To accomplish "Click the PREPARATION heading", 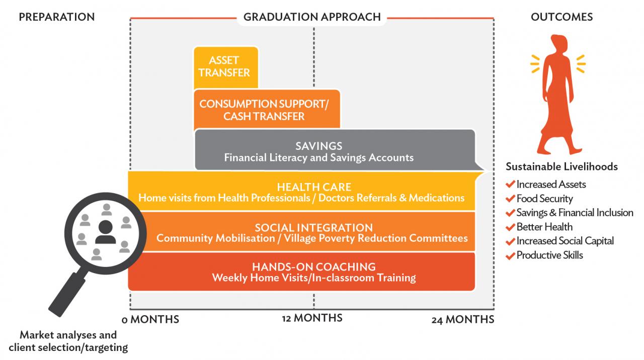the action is point(57,17).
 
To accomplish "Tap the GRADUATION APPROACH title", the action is point(312,17).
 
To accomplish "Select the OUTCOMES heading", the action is point(561,17).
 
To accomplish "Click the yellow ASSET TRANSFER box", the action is point(226,67).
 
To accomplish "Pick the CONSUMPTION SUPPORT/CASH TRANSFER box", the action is point(267,109).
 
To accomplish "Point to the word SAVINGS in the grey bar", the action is point(319,146).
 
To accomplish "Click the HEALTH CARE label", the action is point(314,187).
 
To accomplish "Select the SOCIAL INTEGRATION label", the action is point(313,228).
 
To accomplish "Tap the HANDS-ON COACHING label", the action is point(313,267).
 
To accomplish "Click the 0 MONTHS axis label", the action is point(150,319).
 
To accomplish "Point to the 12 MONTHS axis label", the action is point(312,318).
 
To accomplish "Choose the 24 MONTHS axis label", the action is point(462,319).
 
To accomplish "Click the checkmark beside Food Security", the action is point(510,198).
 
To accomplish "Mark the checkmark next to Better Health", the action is point(510,227).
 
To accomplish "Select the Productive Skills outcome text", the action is point(550,255).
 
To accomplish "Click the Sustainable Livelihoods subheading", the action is point(561,166).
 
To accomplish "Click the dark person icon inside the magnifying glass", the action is point(106,232).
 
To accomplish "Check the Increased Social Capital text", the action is point(565,241).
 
